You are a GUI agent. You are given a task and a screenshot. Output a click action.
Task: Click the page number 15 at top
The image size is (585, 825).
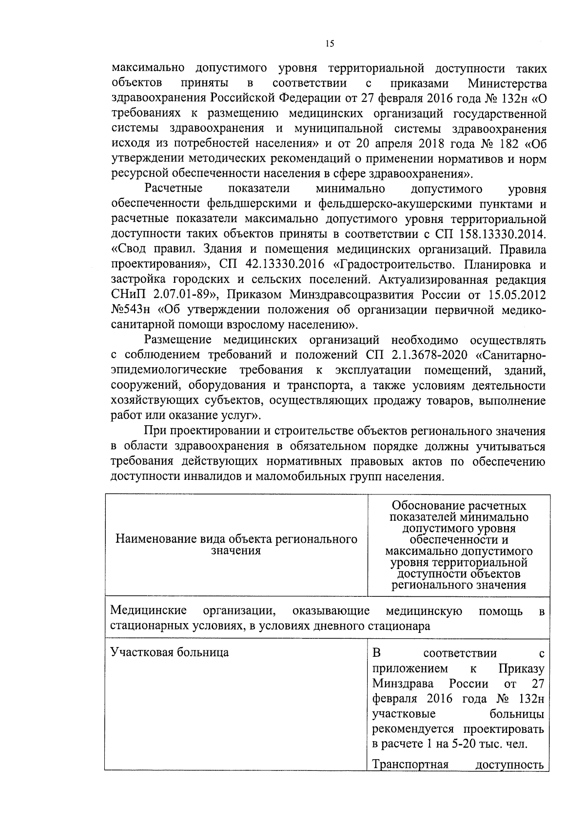point(330,44)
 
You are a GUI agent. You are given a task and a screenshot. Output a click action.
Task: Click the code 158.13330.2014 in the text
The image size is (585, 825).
point(502,235)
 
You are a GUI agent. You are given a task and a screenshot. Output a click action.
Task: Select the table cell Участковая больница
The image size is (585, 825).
point(169,652)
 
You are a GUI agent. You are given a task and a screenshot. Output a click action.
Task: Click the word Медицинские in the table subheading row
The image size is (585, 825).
point(148,610)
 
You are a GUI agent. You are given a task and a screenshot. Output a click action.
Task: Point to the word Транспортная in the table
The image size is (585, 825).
point(410,764)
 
